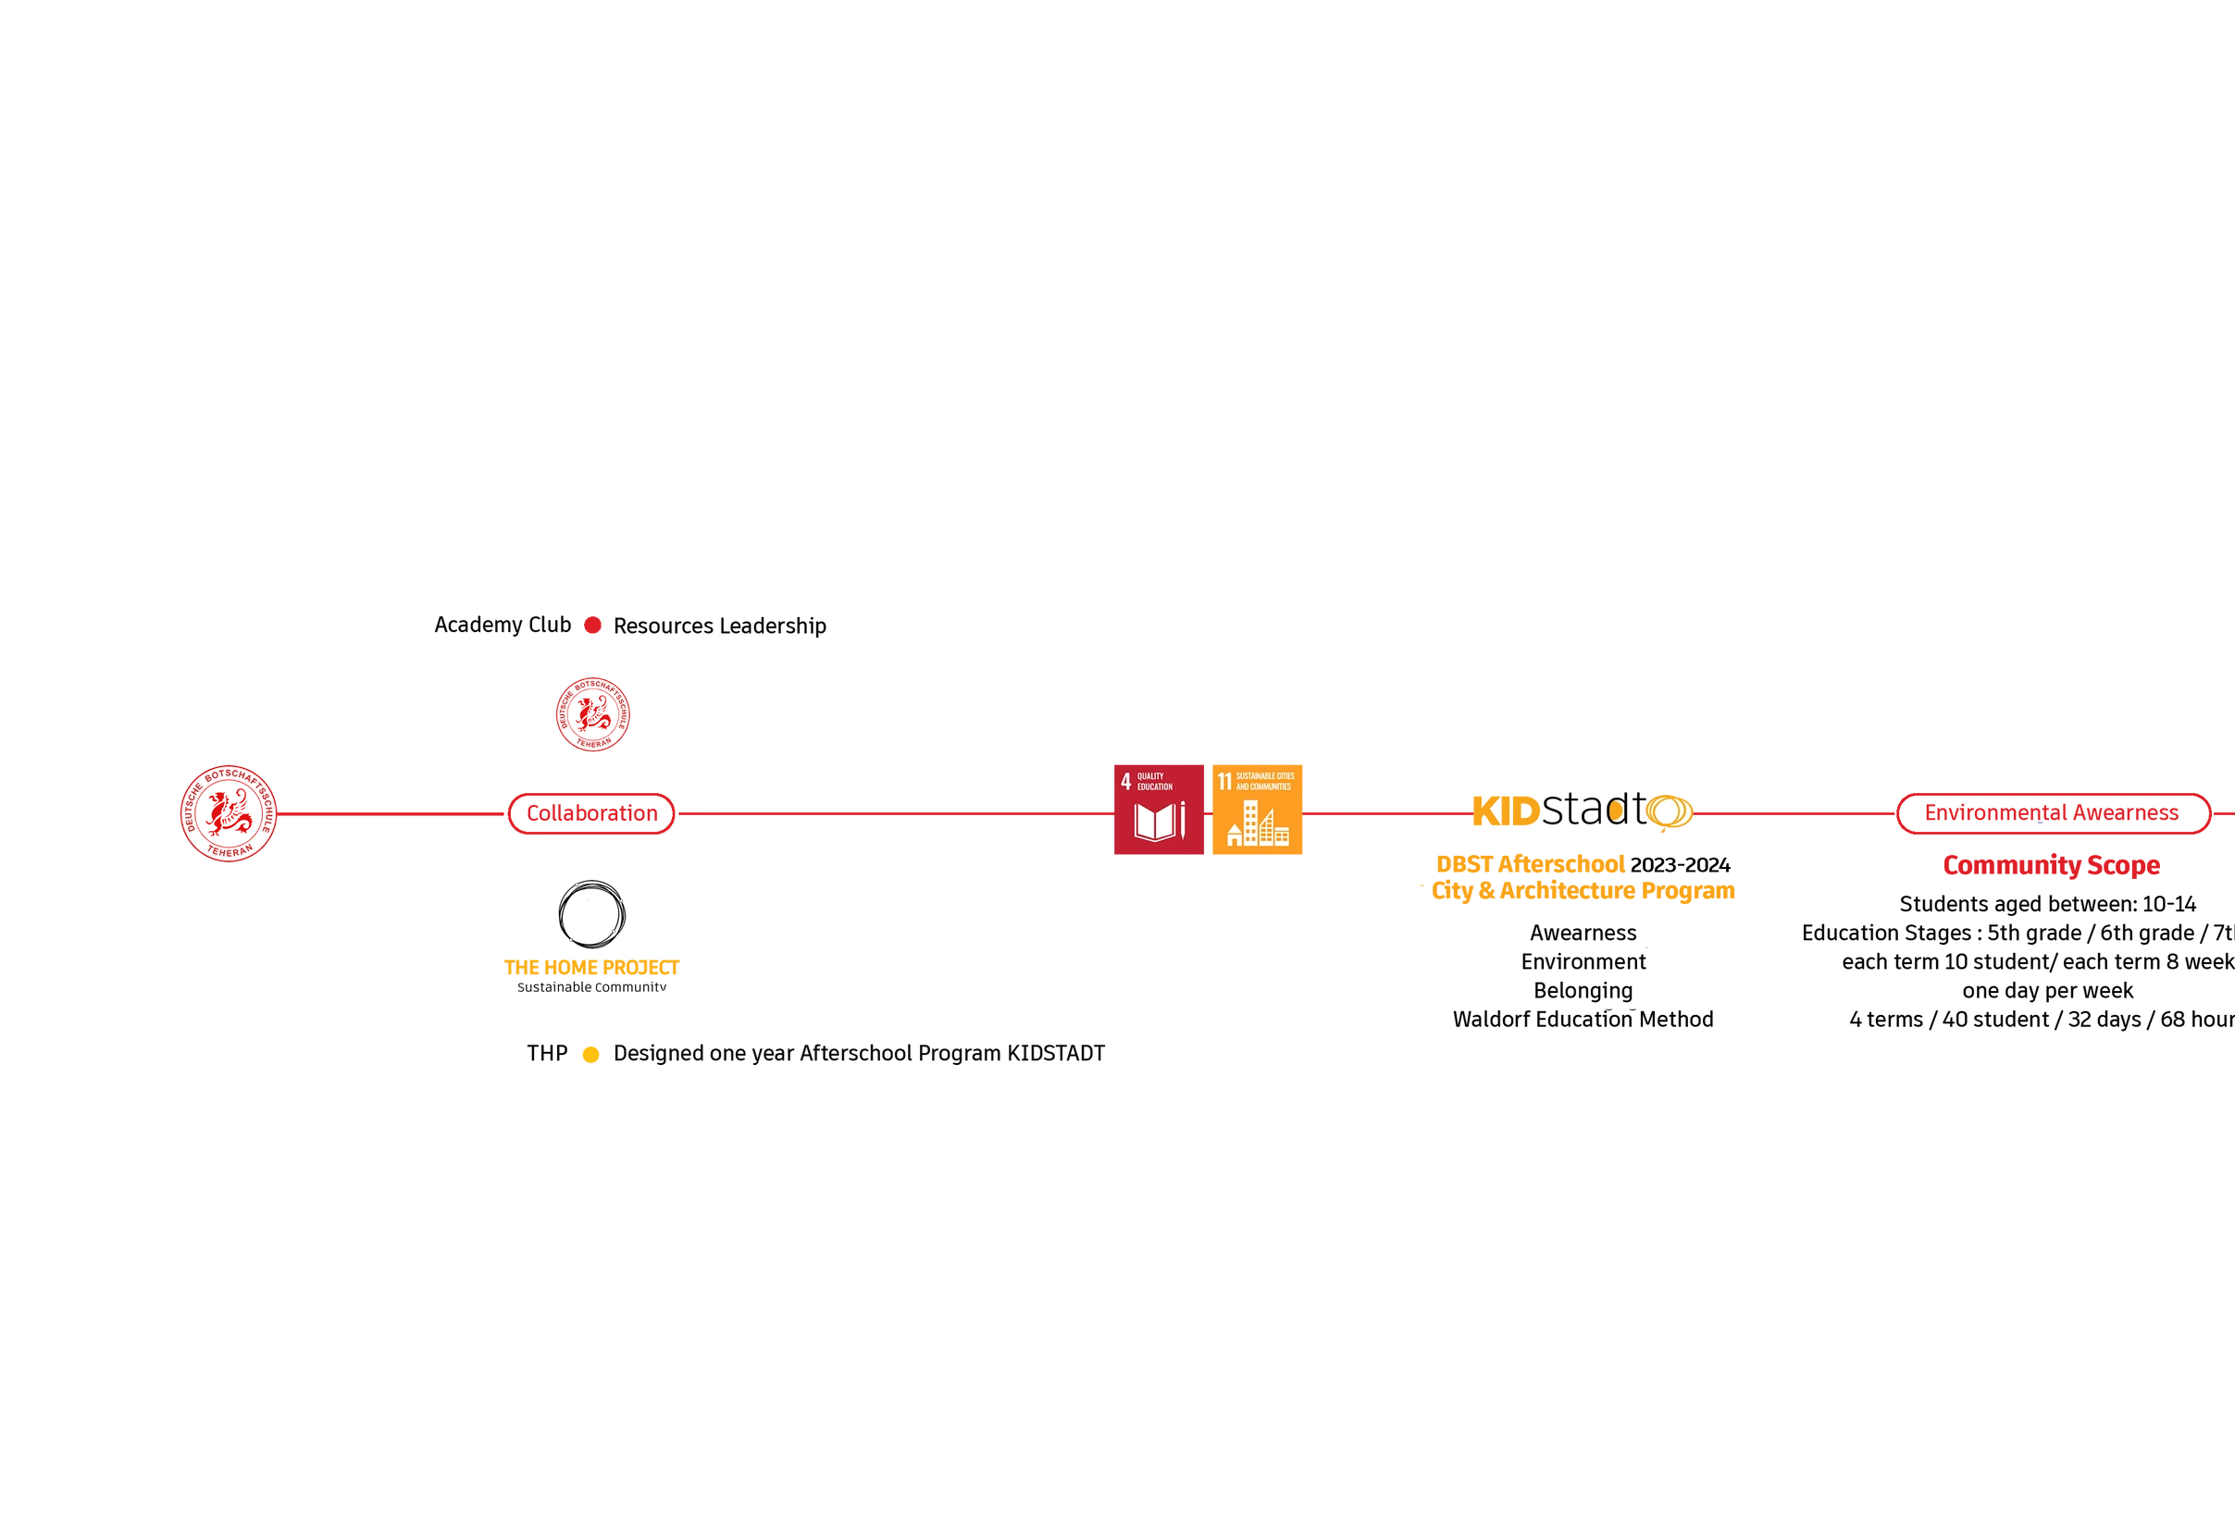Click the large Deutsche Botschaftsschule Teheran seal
[229, 814]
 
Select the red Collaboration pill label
[592, 814]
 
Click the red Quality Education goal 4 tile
[1158, 810]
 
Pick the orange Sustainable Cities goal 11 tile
[1258, 810]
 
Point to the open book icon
[1154, 823]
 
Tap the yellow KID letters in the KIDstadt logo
[1506, 811]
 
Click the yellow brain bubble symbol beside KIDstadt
[1669, 811]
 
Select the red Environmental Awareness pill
[2053, 813]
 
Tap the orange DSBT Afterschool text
[1531, 863]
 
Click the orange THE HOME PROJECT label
[590, 968]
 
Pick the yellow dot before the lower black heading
[590, 1055]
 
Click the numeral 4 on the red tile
[1126, 781]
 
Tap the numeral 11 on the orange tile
[1224, 781]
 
